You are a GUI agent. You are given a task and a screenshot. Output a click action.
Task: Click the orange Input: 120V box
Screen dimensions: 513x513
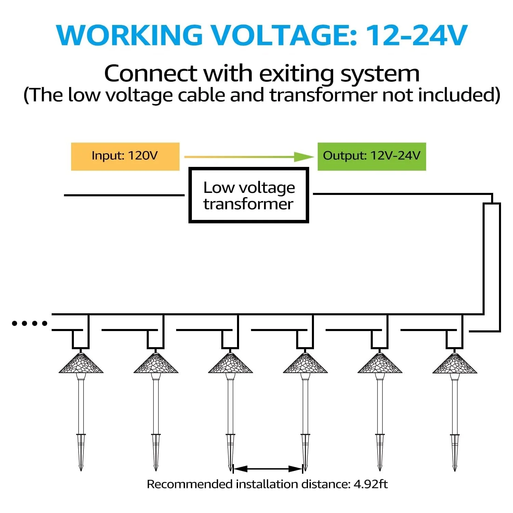coord(125,156)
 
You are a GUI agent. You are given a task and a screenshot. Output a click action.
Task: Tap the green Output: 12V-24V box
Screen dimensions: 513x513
coord(372,156)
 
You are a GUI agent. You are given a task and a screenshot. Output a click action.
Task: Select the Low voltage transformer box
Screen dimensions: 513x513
coord(249,195)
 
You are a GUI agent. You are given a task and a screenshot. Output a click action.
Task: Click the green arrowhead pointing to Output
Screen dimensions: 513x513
coord(304,157)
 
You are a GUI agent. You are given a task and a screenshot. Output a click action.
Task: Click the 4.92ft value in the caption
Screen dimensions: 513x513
coord(371,484)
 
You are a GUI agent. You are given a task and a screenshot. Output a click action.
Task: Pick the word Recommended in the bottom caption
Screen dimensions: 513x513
coord(189,484)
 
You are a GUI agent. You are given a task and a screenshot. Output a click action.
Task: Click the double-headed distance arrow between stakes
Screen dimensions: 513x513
coord(268,469)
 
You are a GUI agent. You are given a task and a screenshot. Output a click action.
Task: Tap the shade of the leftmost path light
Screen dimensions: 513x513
coord(81,363)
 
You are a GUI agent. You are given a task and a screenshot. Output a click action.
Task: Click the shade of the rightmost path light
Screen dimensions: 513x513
coord(455,363)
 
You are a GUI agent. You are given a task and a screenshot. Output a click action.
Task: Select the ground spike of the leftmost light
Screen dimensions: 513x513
coord(81,452)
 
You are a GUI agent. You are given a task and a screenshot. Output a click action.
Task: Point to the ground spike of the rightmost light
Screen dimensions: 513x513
coord(455,452)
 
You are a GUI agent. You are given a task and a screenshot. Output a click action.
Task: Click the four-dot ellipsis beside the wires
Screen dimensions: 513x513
coord(29,323)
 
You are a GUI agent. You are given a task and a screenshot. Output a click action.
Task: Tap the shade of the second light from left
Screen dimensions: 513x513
coord(156,363)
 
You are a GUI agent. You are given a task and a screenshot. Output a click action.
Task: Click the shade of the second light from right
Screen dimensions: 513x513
coord(380,363)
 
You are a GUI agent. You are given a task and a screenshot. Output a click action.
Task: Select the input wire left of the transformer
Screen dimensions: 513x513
coord(124,195)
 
